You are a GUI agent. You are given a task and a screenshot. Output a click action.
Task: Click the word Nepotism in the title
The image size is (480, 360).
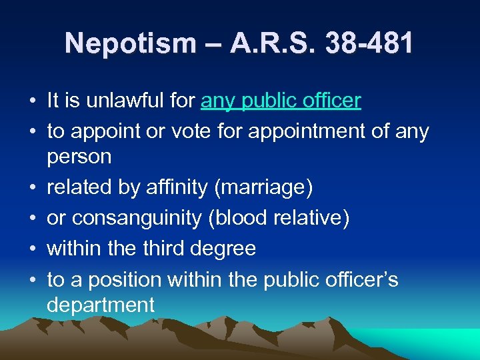pyautogui.click(x=130, y=44)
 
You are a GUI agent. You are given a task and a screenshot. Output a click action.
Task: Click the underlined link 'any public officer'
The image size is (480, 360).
pyautogui.click(x=281, y=101)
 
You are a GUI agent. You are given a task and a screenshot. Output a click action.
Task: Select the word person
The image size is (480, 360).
pyautogui.click(x=79, y=157)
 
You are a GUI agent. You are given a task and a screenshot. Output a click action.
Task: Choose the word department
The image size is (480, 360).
pyautogui.click(x=100, y=305)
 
